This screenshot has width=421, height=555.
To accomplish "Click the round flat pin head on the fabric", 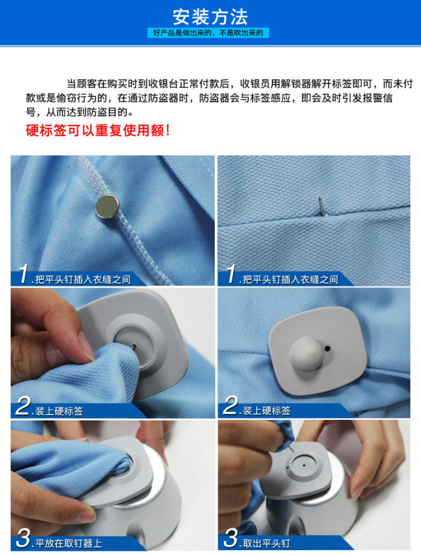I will click(107, 206).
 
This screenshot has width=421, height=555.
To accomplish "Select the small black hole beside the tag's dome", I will click(327, 348).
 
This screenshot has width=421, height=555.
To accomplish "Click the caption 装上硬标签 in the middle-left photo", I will click(59, 411).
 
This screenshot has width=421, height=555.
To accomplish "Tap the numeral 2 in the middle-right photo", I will click(230, 408).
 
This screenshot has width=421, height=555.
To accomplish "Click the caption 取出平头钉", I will click(266, 544).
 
